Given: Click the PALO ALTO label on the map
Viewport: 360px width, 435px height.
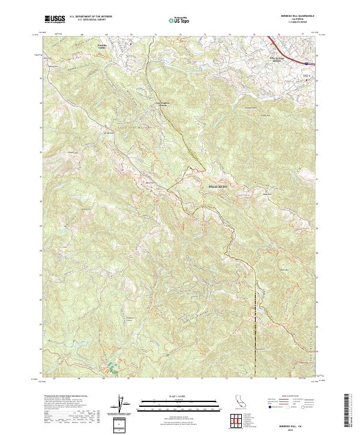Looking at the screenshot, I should coord(218,188).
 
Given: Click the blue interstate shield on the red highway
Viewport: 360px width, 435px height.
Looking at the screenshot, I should coord(306,62).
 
